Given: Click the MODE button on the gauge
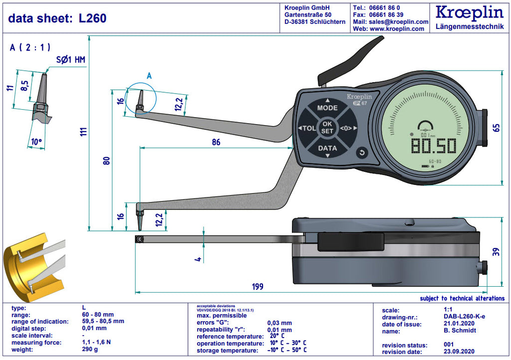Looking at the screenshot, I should pos(327,108).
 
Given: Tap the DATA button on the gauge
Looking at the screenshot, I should pos(327,148).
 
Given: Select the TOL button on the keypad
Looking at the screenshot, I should pos(307,128).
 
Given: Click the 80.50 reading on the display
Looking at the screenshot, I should pos(433,146).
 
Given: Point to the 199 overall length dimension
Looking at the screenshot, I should pos(257,287).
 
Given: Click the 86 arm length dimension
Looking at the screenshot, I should pos(216,142).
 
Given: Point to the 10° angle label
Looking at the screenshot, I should pos(36,142).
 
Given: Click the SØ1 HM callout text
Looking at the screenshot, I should pos(70,60).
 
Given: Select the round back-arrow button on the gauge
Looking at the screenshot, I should pos(362,153).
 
